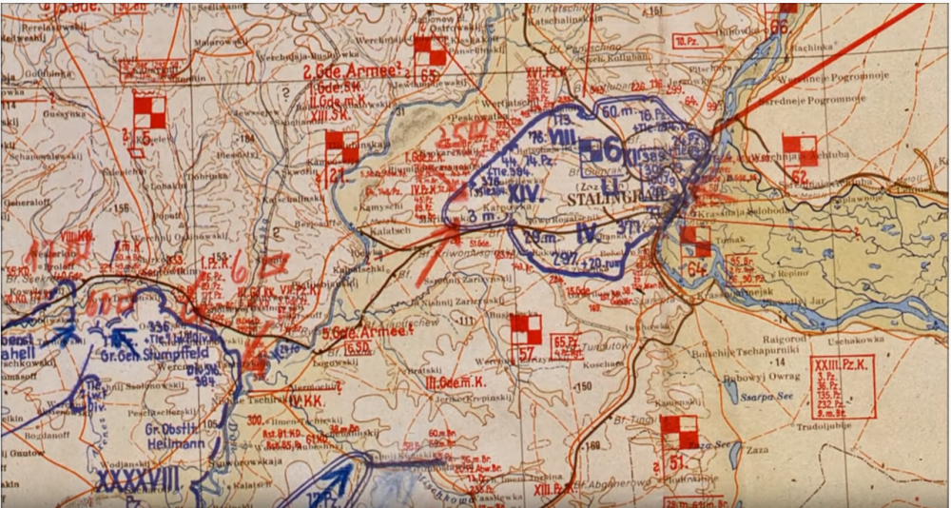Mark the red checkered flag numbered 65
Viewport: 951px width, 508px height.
(430, 51)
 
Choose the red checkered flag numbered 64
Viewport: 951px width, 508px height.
(695, 244)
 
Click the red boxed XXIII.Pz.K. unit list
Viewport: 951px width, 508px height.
(843, 386)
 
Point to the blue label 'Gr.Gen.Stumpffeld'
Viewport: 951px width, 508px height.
(142, 355)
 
